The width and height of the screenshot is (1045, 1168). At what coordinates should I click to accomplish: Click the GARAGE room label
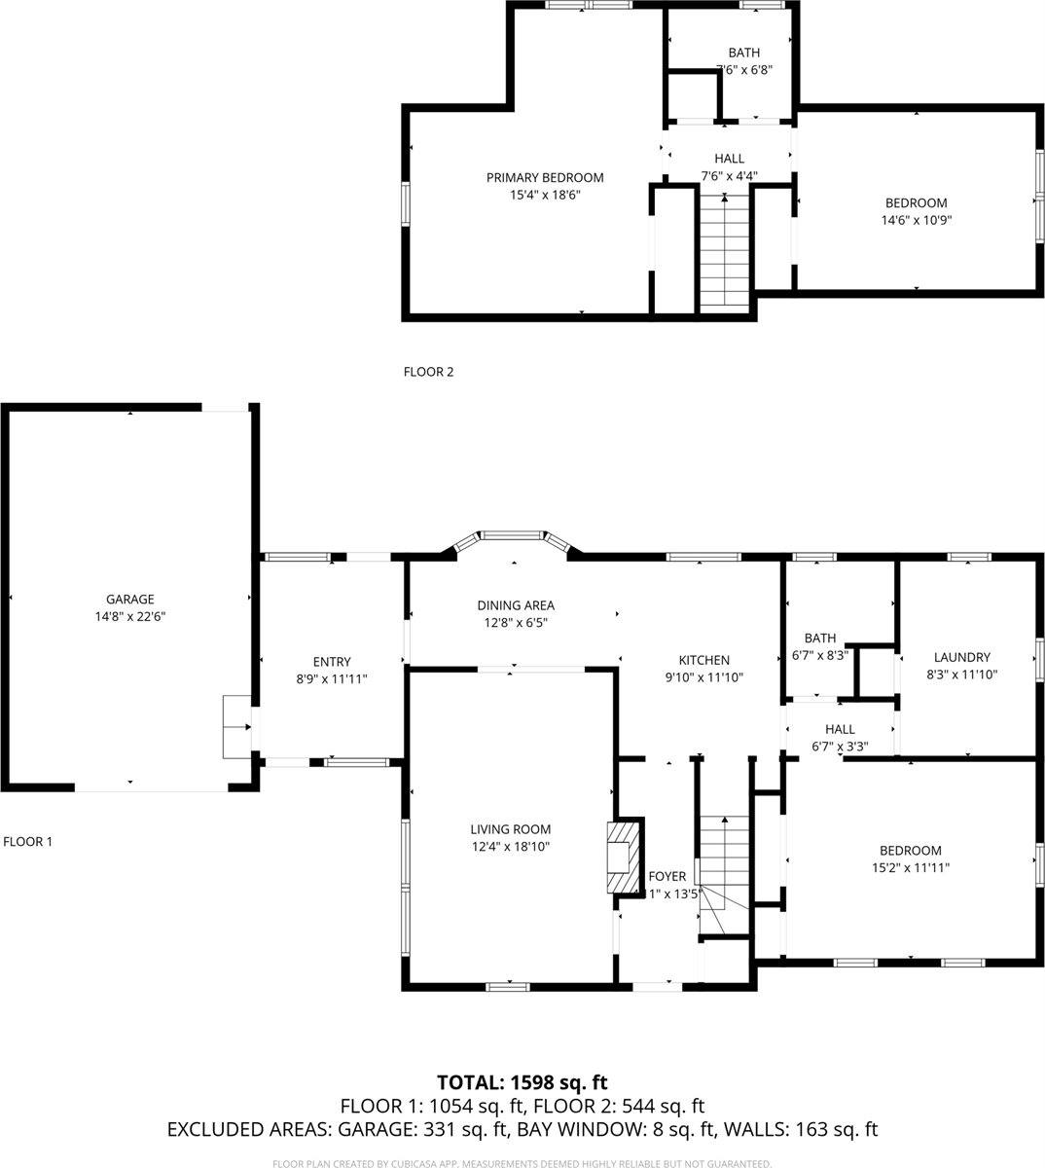(x=130, y=600)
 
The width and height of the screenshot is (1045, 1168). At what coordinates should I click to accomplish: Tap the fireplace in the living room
(x=623, y=858)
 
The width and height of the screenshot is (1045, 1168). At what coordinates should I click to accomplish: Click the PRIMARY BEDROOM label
(x=545, y=177)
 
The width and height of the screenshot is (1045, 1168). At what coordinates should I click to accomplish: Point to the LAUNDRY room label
(x=961, y=657)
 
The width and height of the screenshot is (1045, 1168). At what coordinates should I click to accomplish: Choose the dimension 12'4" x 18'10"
(x=511, y=847)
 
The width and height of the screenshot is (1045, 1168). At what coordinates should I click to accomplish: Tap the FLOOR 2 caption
(x=428, y=371)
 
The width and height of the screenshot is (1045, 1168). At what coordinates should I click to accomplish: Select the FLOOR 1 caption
(x=28, y=841)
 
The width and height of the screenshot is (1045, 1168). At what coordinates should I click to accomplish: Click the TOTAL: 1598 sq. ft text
(x=522, y=1082)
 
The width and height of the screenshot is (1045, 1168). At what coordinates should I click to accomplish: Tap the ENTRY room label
(x=332, y=662)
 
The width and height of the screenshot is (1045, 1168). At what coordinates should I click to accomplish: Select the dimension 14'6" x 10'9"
(x=916, y=220)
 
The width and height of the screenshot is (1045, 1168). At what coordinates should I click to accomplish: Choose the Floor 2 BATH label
(x=744, y=53)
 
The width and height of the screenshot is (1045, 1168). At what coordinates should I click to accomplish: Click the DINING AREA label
(x=516, y=605)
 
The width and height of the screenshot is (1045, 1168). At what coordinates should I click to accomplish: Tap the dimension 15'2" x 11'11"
(x=911, y=867)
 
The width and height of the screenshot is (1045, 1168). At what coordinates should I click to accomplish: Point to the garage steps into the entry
(x=236, y=726)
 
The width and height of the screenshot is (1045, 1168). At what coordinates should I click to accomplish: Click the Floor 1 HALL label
(x=840, y=729)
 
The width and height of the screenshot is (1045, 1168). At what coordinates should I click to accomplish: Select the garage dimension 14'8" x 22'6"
(x=130, y=616)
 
